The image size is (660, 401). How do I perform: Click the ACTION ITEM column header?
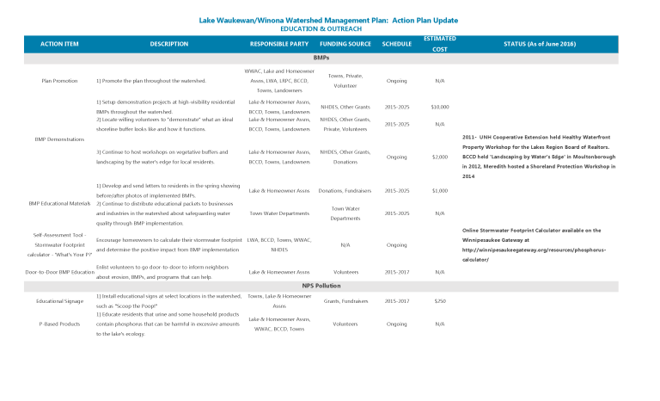tap(59, 43)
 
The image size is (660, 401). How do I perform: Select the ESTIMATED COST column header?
tap(439, 43)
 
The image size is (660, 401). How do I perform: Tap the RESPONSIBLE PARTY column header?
tap(278, 43)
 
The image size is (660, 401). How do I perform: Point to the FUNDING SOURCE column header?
tap(345, 43)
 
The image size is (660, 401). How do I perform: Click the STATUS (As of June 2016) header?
tap(539, 43)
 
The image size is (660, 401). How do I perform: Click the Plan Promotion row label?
tap(59, 81)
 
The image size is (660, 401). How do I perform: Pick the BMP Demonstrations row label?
tap(59, 139)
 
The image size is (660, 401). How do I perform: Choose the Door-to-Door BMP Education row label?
tap(59, 272)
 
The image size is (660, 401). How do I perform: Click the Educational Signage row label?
tap(59, 301)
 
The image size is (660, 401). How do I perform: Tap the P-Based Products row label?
tap(59, 324)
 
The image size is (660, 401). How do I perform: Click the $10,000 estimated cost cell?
tap(439, 107)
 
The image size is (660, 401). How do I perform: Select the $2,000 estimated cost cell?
tap(439, 157)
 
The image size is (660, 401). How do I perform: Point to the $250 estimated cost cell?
tap(439, 301)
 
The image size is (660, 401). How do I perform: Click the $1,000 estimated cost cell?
tap(439, 190)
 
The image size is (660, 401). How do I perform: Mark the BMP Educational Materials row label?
tap(59, 203)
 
